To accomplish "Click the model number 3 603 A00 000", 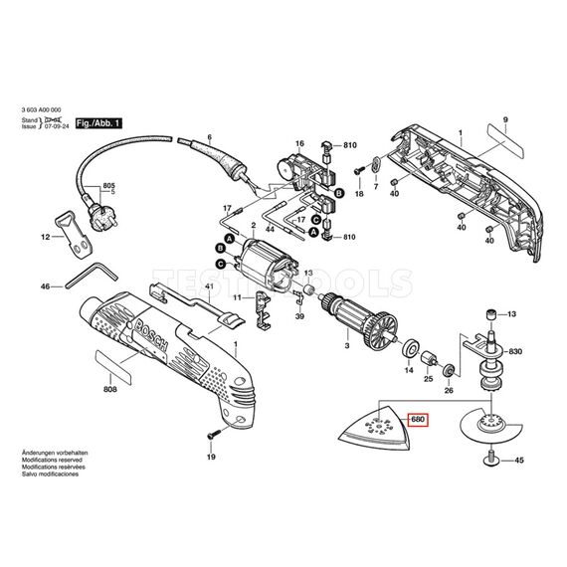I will pyautogui.click(x=48, y=110).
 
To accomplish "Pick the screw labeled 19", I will pyautogui.click(x=211, y=435).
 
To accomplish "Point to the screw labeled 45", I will pyautogui.click(x=493, y=459).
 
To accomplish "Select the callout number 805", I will pyautogui.click(x=109, y=185).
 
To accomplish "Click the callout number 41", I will pyautogui.click(x=209, y=287).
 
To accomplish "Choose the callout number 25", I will pyautogui.click(x=429, y=380).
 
